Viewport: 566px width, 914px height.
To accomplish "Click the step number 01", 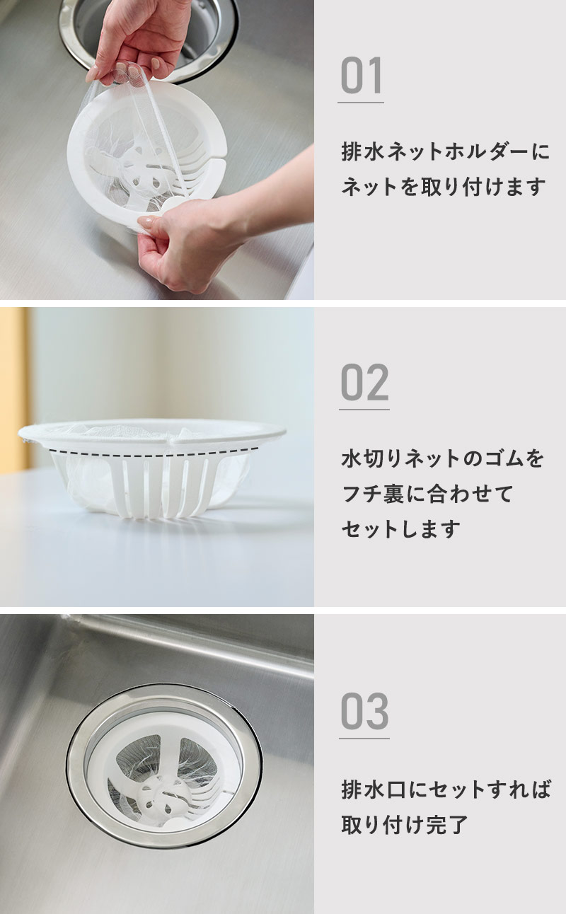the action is click(x=361, y=75).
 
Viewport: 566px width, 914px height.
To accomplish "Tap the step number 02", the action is click(x=364, y=382).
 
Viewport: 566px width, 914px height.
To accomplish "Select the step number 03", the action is click(x=364, y=711).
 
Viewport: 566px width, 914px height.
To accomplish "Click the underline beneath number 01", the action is click(x=361, y=103).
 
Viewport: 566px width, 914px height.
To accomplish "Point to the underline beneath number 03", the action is click(x=364, y=738).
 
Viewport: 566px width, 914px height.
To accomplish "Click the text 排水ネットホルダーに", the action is click(x=445, y=152).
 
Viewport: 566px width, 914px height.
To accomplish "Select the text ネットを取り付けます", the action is click(x=443, y=187).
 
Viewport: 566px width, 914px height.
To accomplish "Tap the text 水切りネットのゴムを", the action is click(x=442, y=458).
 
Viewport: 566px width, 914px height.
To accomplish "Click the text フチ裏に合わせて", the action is click(x=427, y=494).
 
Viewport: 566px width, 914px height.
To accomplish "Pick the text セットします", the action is click(x=400, y=529).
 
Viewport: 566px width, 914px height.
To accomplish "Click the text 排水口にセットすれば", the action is click(x=446, y=789).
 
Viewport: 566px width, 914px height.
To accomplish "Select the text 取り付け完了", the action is click(x=404, y=825).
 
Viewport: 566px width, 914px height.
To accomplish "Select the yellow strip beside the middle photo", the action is click(x=14, y=391).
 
